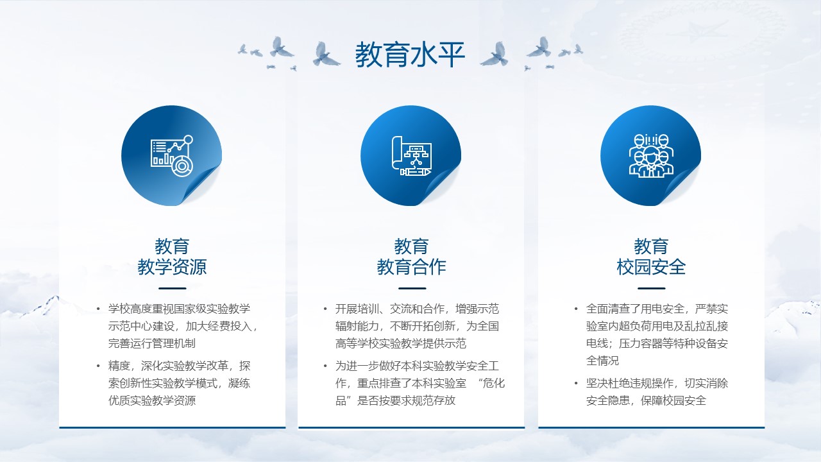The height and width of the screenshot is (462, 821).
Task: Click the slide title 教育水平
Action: coord(410,55)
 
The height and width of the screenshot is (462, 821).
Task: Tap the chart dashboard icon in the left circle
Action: coord(172,156)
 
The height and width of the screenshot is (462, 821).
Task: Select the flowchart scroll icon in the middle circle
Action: coord(412,156)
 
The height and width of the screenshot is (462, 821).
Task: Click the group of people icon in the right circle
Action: coord(651,156)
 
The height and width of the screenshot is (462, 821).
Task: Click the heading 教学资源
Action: coord(172,266)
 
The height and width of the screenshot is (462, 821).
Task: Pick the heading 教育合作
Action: coord(411,266)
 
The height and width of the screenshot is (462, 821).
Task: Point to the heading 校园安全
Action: coord(651,266)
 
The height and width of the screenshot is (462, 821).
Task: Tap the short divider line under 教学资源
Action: coord(173,289)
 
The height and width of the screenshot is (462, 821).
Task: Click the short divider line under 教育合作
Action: coord(412,289)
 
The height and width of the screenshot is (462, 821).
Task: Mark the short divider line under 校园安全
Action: coord(651,289)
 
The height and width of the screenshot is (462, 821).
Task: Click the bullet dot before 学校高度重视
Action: coord(98,309)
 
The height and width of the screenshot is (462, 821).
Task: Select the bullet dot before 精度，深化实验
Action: coord(98,366)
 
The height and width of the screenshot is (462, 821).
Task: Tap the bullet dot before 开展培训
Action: coord(325,309)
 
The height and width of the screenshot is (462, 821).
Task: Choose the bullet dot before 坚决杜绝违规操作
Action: coord(576,383)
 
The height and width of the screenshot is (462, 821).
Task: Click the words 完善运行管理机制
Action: coord(152,343)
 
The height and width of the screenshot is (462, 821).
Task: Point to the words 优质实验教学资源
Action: coord(152,400)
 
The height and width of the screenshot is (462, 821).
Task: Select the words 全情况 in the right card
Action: coord(602,361)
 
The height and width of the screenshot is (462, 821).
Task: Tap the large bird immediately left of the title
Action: coord(325,54)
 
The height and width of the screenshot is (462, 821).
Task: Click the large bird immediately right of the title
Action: coord(495,54)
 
